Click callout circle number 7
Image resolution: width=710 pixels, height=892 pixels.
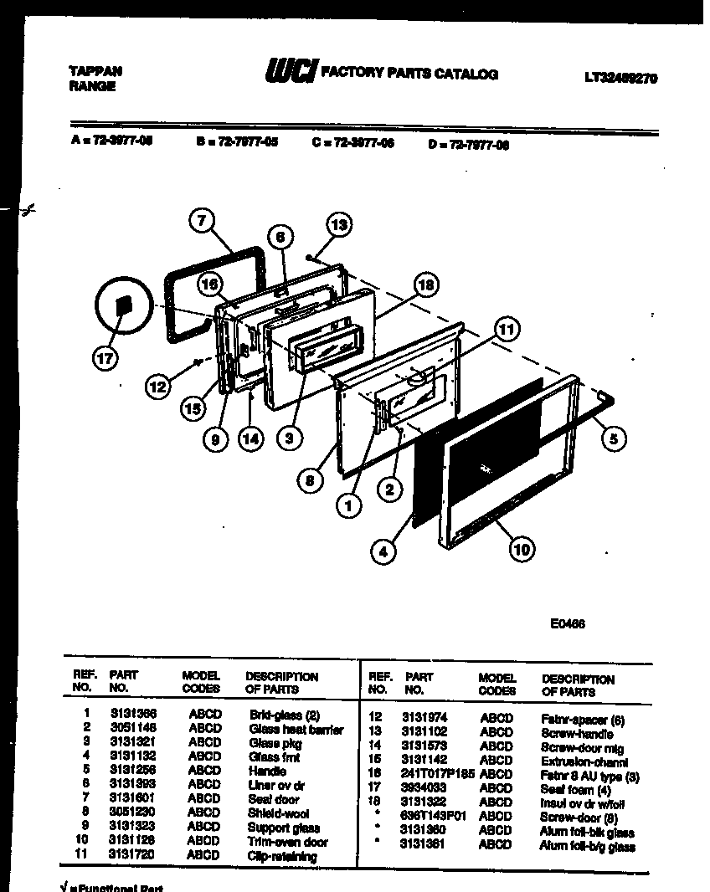pyautogui.click(x=201, y=222)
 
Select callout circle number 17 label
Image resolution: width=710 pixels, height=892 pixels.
pyautogui.click(x=105, y=358)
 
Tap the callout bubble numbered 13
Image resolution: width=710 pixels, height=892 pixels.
pyautogui.click(x=337, y=224)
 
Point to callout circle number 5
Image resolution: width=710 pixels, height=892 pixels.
pyautogui.click(x=614, y=438)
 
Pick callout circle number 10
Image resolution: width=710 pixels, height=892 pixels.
pyautogui.click(x=521, y=550)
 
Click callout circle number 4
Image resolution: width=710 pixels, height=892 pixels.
pyautogui.click(x=383, y=551)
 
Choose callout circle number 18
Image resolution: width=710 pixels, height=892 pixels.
pyautogui.click(x=425, y=285)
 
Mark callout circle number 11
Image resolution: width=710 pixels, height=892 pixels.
pyautogui.click(x=505, y=330)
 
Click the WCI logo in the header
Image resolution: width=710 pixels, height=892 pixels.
pyautogui.click(x=290, y=74)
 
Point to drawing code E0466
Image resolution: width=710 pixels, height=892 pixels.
pyautogui.click(x=569, y=623)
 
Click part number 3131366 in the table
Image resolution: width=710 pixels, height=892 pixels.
pyautogui.click(x=133, y=714)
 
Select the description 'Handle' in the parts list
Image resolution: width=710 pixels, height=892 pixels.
pyautogui.click(x=267, y=771)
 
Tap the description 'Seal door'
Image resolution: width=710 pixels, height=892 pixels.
pyautogui.click(x=273, y=799)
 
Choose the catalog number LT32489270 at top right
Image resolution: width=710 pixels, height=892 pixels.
pyautogui.click(x=620, y=78)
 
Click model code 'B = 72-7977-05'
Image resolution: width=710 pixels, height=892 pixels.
pyautogui.click(x=236, y=142)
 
